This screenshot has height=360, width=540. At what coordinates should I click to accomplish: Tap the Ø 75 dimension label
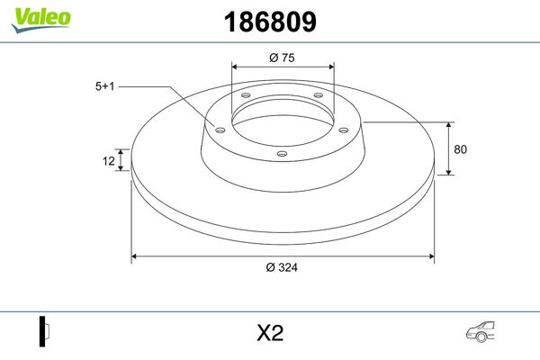283,58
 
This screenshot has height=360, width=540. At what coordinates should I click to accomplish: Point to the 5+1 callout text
105,87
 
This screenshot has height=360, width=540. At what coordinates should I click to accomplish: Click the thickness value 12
109,161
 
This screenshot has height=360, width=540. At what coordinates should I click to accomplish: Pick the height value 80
462,148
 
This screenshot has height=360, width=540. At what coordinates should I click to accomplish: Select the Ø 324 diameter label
283,267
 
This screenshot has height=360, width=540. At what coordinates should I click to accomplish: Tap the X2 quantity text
269,333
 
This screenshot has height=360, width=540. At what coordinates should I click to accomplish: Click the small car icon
480,332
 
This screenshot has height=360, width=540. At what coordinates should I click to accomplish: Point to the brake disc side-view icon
42,332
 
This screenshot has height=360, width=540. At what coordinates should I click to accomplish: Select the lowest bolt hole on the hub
282,153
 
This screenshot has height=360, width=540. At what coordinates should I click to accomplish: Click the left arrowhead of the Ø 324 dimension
136,256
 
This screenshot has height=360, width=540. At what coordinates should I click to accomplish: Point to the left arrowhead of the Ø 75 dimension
235,67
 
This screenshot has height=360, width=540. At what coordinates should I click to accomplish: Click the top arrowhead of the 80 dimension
449,124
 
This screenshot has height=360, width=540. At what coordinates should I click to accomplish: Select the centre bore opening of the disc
282,117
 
